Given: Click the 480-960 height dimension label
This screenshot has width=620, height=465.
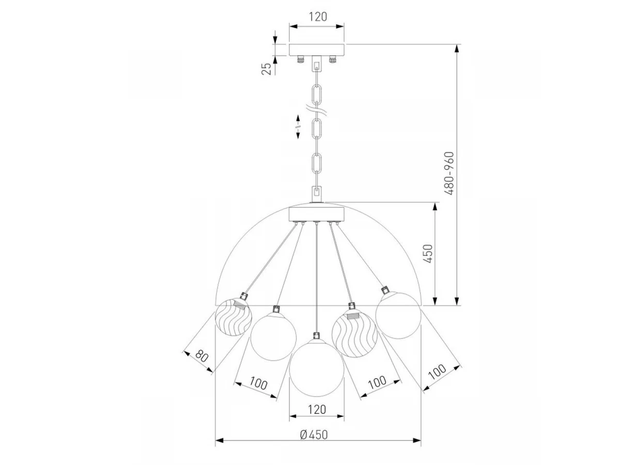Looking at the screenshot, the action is (449, 173).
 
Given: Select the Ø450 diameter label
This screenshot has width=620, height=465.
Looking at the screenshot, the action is (314, 435).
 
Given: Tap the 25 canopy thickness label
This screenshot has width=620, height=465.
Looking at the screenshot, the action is (266, 69).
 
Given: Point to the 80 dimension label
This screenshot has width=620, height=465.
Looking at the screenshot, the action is (202, 356).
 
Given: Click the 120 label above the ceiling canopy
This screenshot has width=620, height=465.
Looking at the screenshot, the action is (317, 17).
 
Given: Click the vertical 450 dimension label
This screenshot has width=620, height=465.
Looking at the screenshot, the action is (428, 254).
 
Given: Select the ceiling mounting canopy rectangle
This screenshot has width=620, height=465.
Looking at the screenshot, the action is (316, 50).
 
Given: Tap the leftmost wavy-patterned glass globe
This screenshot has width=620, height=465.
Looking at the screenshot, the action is (234, 317).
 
